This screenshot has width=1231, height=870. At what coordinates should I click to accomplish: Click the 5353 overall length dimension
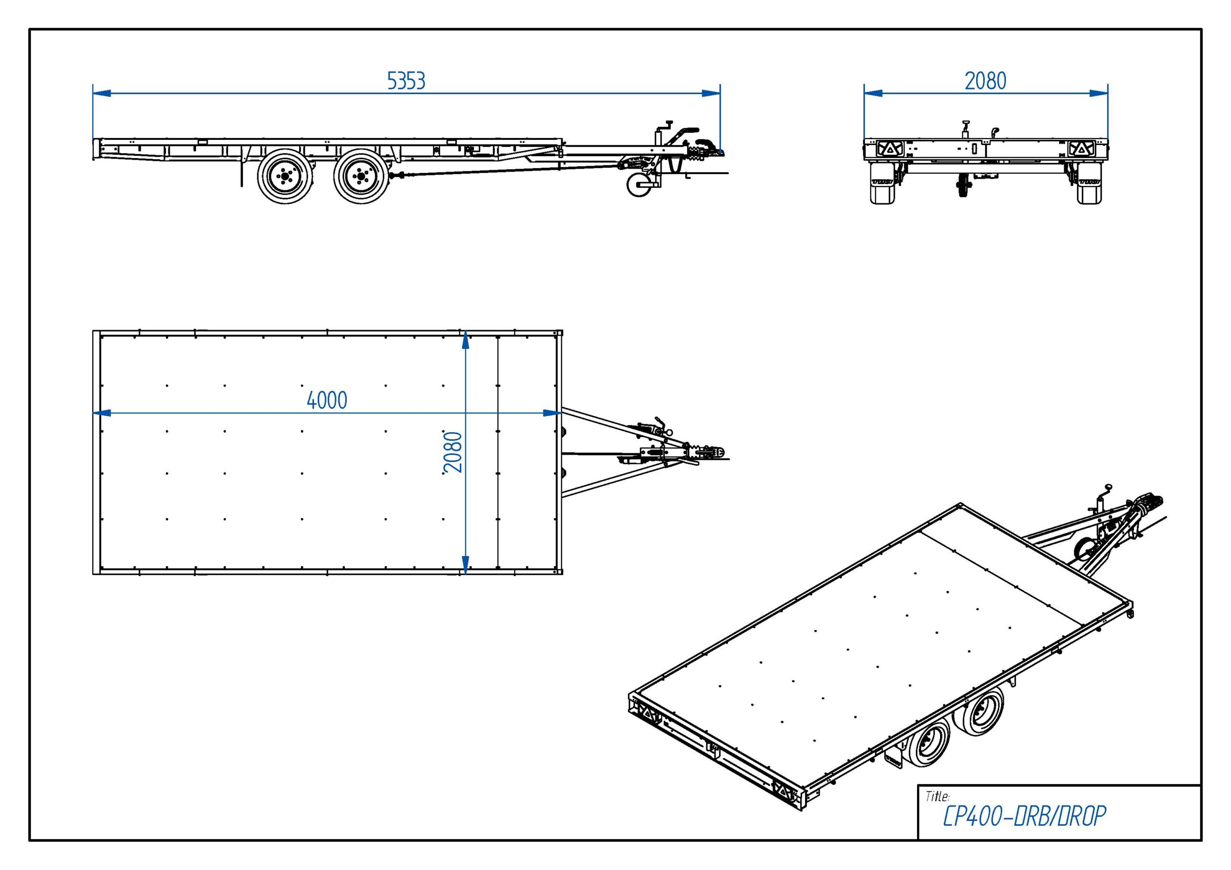(406, 81)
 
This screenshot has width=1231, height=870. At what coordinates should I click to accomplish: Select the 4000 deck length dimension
(327, 400)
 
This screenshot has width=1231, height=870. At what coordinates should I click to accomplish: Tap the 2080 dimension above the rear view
(985, 81)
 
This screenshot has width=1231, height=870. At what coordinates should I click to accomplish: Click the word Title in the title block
(937, 796)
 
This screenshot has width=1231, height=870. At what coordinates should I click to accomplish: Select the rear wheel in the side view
(285, 176)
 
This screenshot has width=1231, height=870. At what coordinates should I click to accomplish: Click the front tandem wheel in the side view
(361, 176)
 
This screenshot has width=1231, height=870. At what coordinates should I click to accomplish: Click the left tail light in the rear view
(890, 149)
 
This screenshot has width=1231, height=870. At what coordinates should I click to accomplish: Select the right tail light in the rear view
(1081, 149)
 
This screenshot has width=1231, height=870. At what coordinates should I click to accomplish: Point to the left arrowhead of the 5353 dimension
(102, 93)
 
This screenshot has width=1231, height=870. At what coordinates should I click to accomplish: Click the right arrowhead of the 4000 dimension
(552, 413)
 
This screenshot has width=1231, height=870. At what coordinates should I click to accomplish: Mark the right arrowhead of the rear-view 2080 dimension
(1099, 93)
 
